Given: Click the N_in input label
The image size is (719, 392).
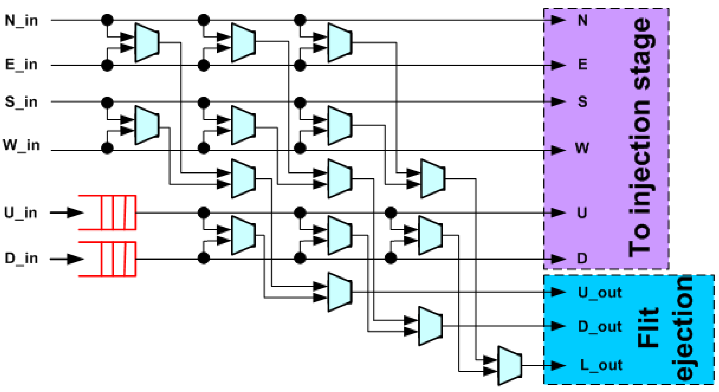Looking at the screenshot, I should pos(22,20).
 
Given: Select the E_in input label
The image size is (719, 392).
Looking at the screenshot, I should pos(22,65).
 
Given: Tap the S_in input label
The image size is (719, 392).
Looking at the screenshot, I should pos(22,102).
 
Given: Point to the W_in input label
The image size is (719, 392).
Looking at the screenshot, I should pos(22,145).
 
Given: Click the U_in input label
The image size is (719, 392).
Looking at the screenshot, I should pos(21,213).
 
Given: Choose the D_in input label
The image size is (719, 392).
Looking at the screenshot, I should pos(22,258).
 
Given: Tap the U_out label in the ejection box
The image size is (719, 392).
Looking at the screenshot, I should pos(600,293).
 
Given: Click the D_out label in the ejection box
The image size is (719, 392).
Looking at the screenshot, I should pos(600,326).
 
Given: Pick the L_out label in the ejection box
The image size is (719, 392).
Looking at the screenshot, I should pos(601,365).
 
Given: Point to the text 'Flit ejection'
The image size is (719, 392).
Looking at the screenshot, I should pos(666,330).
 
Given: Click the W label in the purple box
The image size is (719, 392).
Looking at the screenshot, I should pos(582,148).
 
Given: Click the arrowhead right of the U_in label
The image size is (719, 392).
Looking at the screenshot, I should pos(74,213).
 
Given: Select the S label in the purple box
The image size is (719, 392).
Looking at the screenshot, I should pos(582,102).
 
